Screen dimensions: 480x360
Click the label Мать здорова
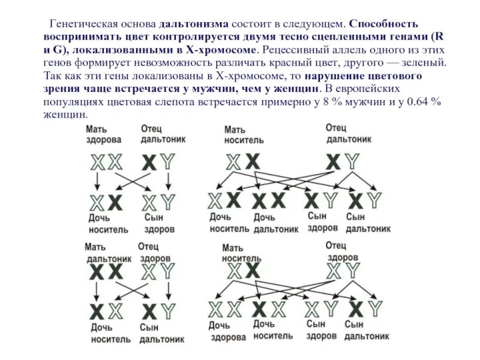(x=103, y=134)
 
